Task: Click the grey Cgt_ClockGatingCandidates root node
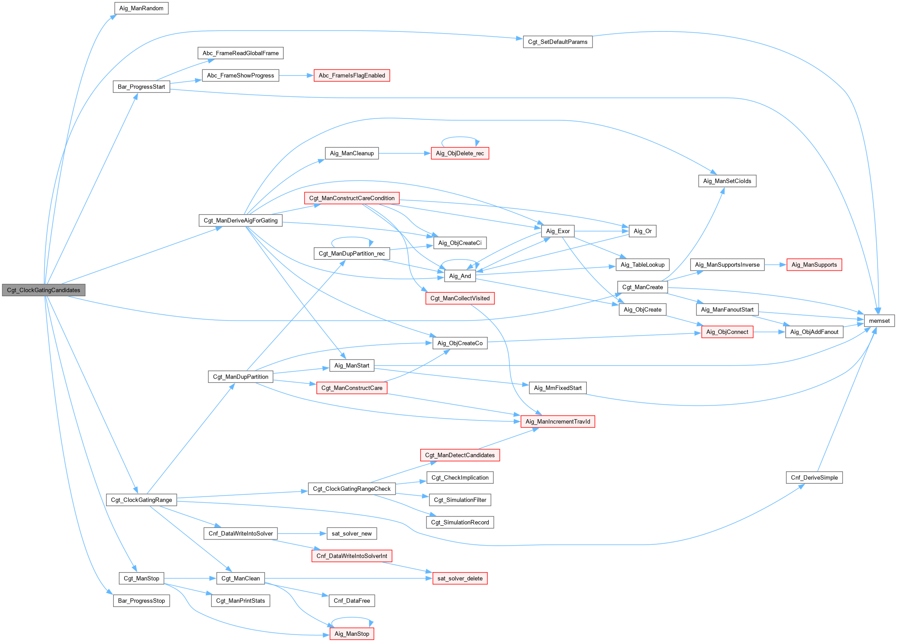pos(43,290)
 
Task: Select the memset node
pos(879,321)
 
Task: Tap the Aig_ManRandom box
pos(141,8)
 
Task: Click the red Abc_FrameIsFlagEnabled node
pos(352,76)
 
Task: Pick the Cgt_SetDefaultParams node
pos(557,42)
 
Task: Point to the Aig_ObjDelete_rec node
pos(460,153)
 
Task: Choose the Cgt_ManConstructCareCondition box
pos(352,198)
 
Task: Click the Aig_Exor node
pos(558,231)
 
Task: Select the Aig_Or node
pos(642,231)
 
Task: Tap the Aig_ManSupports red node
pos(814,265)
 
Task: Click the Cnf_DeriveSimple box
pos(814,478)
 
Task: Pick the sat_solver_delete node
pos(460,578)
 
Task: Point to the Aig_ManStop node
pos(352,634)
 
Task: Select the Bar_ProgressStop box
pos(141,601)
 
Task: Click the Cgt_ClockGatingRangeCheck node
pos(352,489)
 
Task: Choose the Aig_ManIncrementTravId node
pos(558,421)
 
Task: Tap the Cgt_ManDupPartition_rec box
pos(352,253)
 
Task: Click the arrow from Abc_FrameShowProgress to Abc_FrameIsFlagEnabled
pos(296,76)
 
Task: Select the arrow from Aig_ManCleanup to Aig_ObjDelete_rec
pos(404,153)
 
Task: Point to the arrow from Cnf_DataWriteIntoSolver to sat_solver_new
pos(302,534)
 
